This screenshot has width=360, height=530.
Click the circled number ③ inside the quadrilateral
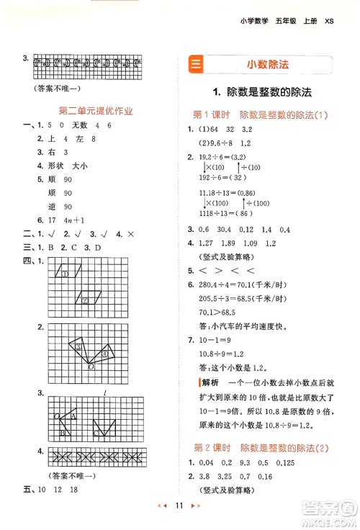[x=78, y=348]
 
